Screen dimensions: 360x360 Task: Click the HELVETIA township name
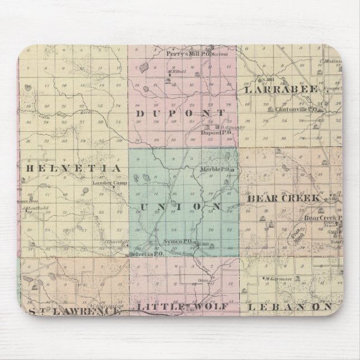[x=70, y=167]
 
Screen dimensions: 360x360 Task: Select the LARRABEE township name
[x=280, y=89]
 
